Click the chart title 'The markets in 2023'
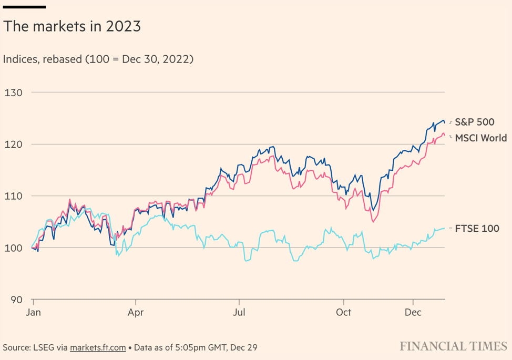(72, 27)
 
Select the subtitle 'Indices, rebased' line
(98, 59)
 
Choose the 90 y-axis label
(16, 300)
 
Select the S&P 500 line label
(474, 122)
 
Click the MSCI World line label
(480, 138)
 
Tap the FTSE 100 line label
(477, 229)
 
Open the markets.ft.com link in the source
(98, 347)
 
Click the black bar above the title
(25, 7)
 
